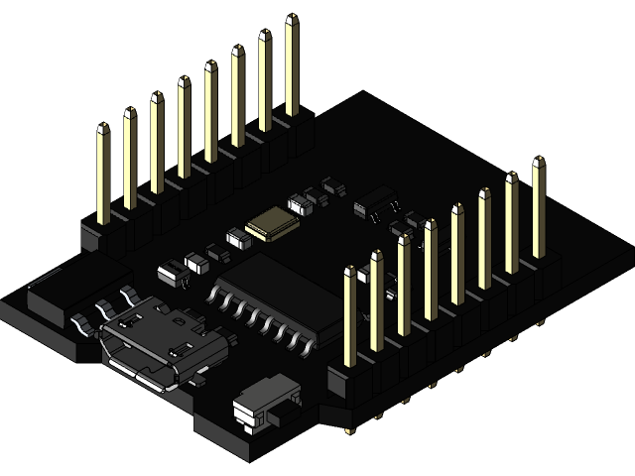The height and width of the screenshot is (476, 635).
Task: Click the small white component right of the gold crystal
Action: pyautogui.click(x=298, y=205)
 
